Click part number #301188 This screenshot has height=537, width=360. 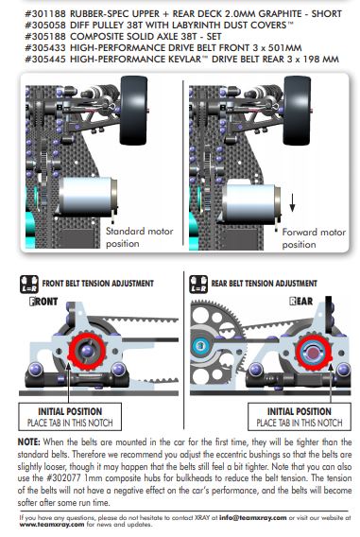[x=44, y=14]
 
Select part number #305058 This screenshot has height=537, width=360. [x=44, y=26]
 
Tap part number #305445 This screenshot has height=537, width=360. [x=44, y=60]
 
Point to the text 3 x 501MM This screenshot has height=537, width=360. [x=277, y=48]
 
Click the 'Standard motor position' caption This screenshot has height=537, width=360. [x=139, y=237]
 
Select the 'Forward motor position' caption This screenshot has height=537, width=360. [x=314, y=238]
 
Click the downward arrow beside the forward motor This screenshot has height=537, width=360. [x=292, y=202]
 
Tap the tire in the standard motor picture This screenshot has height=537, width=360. [x=134, y=111]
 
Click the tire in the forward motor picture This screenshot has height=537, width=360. [x=298, y=111]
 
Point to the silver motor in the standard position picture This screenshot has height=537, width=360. [x=88, y=197]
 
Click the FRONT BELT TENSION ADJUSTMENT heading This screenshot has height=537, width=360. [x=98, y=284]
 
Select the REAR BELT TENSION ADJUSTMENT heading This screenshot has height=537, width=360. [x=265, y=284]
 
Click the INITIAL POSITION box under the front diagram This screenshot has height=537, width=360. [x=70, y=416]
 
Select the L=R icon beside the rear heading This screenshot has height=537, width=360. [x=198, y=285]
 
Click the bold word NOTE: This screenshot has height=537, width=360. [x=29, y=442]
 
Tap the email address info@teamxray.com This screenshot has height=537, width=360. [x=253, y=518]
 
